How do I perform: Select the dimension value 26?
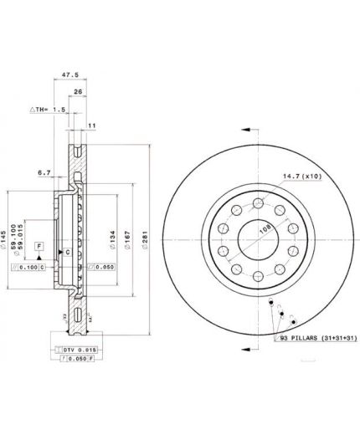tap(78, 93)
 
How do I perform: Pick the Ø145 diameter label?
tap(8, 240)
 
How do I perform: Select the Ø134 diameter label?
tap(112, 239)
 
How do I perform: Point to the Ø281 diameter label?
tap(149, 239)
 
